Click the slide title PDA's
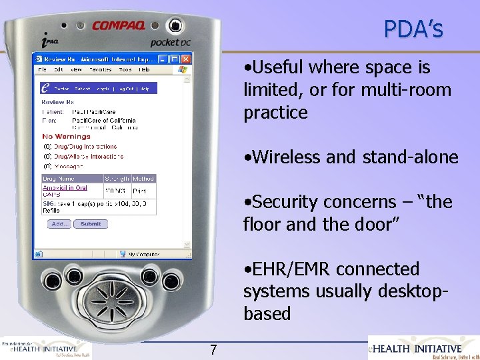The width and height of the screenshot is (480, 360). point(413,29)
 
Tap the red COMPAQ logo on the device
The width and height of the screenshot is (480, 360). point(119,27)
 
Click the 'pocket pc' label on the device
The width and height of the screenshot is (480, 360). point(170,42)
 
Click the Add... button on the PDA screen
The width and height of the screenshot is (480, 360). point(59,224)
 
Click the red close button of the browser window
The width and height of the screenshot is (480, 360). point(186,59)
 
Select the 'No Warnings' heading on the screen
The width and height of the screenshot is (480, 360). point(66,137)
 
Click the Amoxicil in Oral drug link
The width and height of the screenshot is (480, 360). point(65,188)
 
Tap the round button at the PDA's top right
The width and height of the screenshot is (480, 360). point(175,26)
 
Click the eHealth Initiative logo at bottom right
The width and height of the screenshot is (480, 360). point(423,347)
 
